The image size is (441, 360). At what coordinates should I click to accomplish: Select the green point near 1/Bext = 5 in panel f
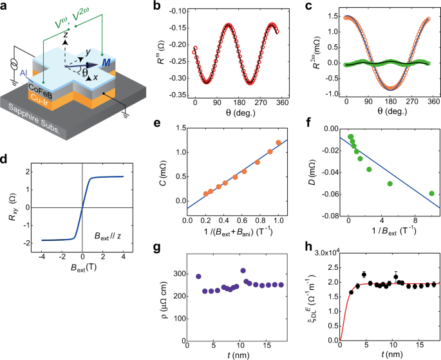tap(390, 184)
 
